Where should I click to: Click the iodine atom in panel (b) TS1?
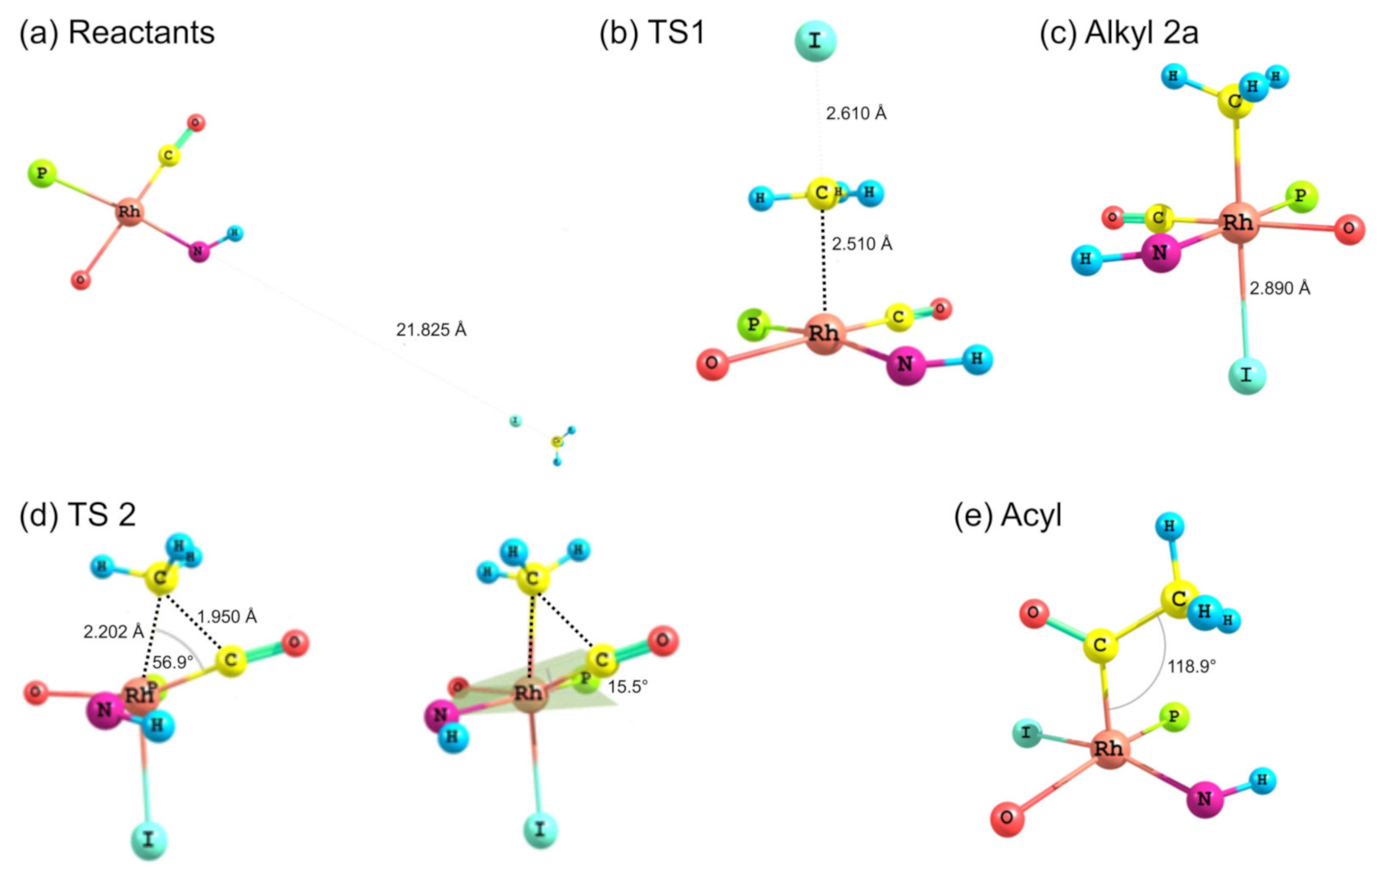coord(815,41)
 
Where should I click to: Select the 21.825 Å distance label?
coord(431,330)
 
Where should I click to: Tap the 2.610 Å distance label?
coord(856,113)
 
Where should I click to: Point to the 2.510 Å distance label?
coord(862,244)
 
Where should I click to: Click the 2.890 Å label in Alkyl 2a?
coord(1279,288)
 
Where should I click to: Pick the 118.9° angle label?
coord(1191,666)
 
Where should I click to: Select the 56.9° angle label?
coord(173,662)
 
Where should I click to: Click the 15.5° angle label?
coord(628,687)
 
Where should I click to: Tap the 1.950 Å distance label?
coord(226,616)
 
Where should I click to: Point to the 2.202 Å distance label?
coord(113,632)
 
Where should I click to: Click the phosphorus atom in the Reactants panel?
coord(41,173)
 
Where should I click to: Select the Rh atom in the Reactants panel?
coord(129,212)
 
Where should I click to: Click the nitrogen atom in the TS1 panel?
coord(906,364)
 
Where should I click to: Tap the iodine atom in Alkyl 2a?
coord(1246,375)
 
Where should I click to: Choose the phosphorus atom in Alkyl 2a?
coord(1300,197)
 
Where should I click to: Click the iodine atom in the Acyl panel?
coord(1026,732)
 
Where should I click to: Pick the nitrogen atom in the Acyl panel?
coord(1204,799)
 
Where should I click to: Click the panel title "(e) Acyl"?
coord(1007,515)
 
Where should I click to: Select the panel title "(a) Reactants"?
coord(117,33)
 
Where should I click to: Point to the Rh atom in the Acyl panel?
coord(1108,749)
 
